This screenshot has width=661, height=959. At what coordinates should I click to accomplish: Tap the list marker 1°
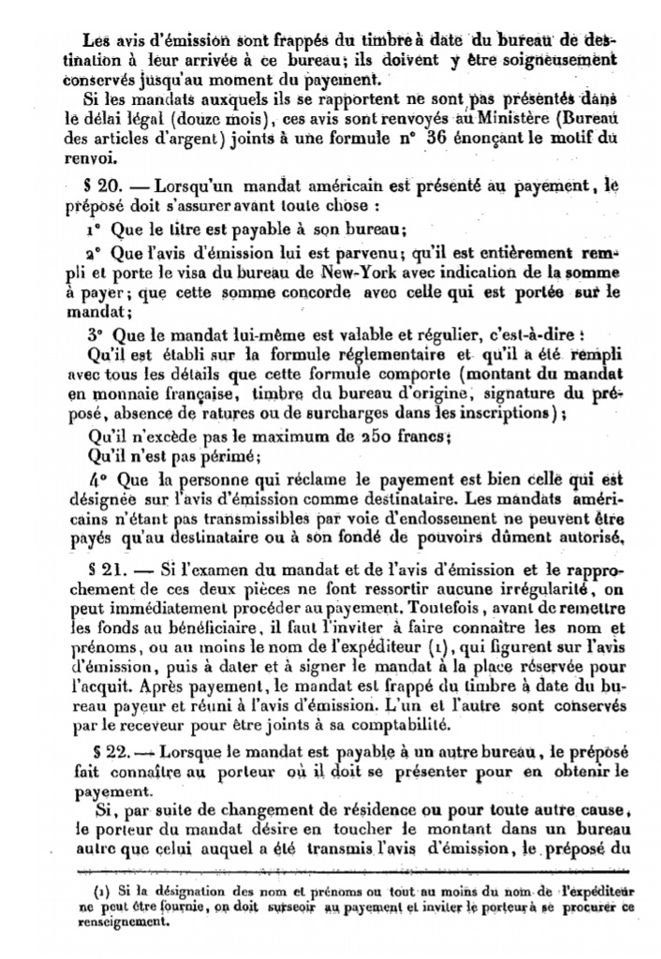(x=92, y=228)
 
